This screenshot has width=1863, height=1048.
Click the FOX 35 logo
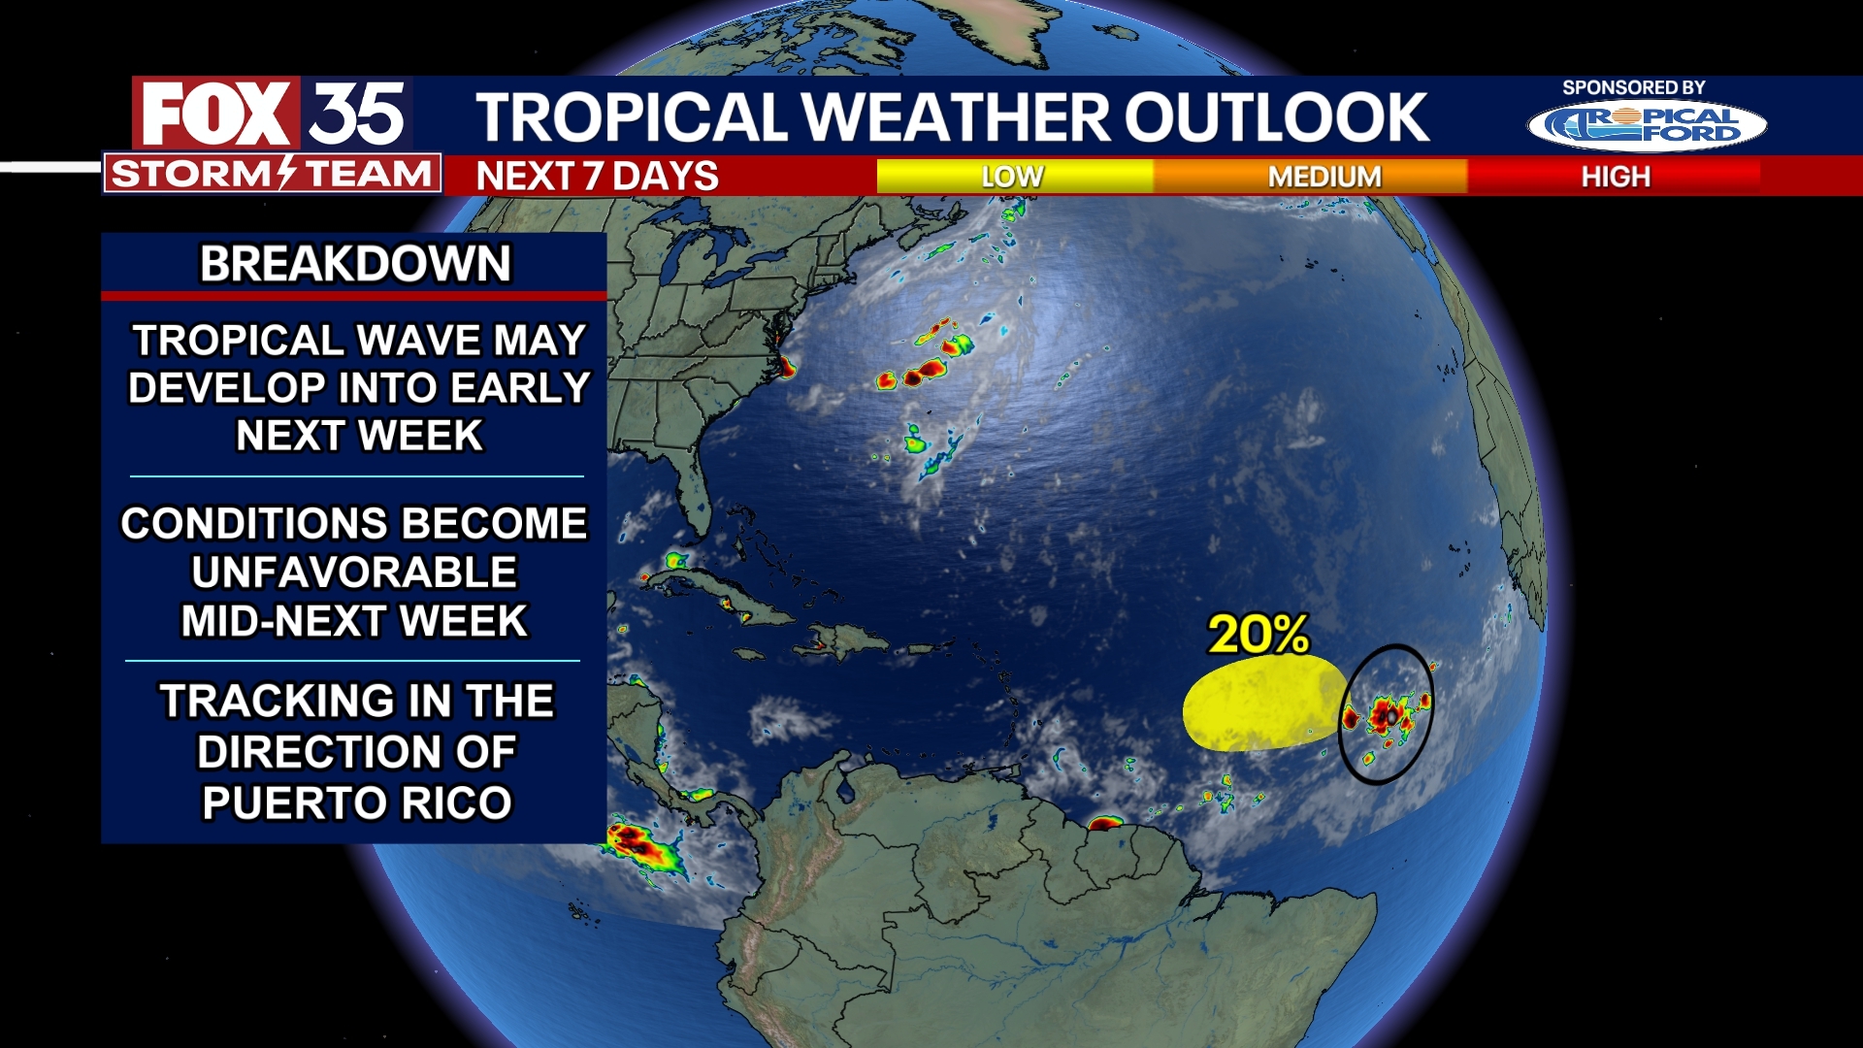tap(273, 114)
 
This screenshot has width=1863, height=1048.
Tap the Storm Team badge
tap(273, 175)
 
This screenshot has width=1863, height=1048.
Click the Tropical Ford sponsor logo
tap(1647, 126)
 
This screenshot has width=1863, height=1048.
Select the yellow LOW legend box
tap(1014, 177)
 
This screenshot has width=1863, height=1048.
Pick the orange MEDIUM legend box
tap(1324, 177)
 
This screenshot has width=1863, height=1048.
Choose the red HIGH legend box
tap(1615, 177)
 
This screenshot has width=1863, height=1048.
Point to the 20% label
tap(1258, 635)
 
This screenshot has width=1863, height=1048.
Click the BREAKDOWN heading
tap(355, 264)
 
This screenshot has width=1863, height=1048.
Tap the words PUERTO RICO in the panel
tap(356, 803)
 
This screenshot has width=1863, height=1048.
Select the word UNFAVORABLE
tap(354, 573)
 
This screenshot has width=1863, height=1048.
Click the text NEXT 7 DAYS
tap(597, 177)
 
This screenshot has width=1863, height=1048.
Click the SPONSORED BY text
tap(1633, 87)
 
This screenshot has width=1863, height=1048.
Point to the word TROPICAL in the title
tap(631, 117)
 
